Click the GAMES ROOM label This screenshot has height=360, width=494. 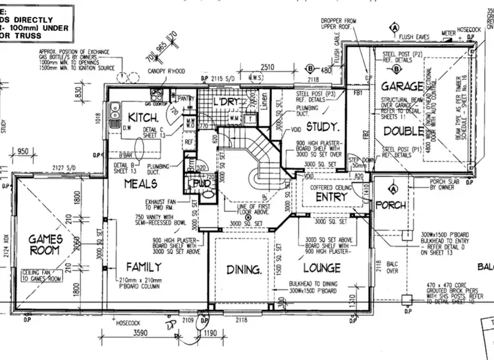tap(45, 244)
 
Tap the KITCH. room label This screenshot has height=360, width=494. tap(142, 116)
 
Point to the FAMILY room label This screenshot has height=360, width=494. tap(144, 267)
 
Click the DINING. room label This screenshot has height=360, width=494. tap(244, 269)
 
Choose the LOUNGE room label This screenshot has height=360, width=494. tap(322, 268)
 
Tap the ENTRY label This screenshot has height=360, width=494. tap(331, 197)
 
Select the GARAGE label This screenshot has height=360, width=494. tap(402, 86)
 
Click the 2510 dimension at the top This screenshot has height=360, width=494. tap(266, 68)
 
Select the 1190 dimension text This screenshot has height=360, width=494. tap(211, 333)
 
